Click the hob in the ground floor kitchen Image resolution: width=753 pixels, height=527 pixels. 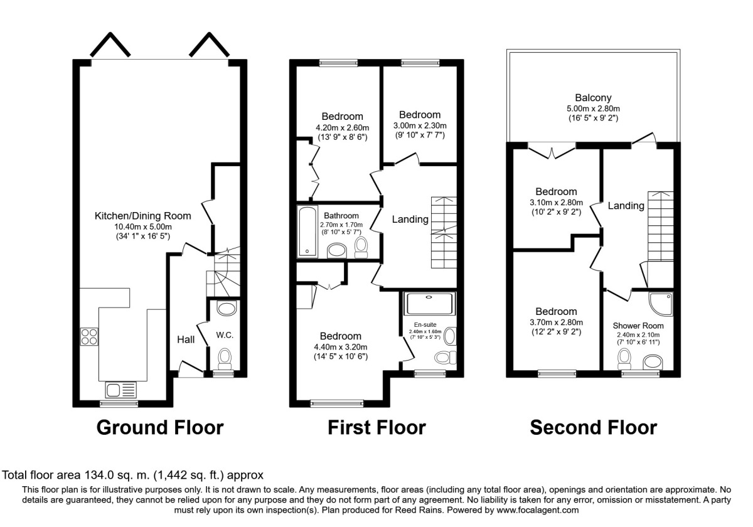(89, 337)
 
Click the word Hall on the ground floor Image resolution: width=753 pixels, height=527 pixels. (185, 339)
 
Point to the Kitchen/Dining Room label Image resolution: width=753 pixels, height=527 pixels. (142, 216)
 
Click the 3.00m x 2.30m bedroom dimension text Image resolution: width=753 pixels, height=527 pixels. (420, 125)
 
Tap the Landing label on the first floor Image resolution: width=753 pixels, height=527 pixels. (410, 220)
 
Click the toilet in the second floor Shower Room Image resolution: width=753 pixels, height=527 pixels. (624, 359)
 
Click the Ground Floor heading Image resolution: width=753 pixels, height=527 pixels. (159, 428)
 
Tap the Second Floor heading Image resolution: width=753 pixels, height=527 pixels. (593, 428)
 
